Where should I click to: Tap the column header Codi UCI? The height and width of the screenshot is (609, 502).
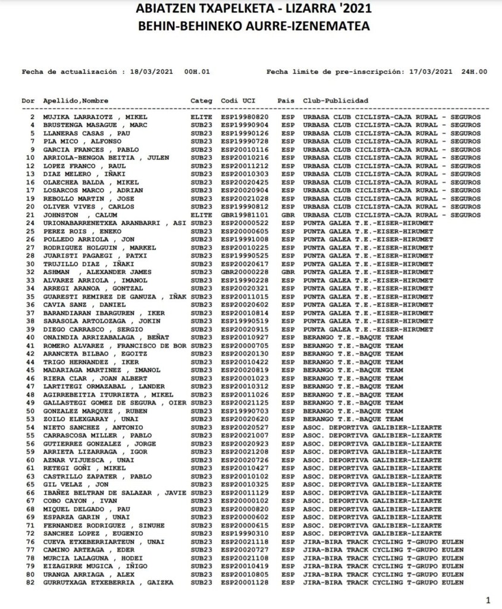coord(238,101)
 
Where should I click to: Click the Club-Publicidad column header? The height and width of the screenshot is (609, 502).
coord(335,101)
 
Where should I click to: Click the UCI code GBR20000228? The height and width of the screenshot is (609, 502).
coord(244,272)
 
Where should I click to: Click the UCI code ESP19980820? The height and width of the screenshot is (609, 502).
coord(244,117)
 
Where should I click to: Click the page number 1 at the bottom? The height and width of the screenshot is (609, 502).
coord(488,599)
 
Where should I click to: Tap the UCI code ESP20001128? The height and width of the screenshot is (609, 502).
coord(244,583)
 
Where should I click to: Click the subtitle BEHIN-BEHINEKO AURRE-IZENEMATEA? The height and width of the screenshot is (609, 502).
coord(253,27)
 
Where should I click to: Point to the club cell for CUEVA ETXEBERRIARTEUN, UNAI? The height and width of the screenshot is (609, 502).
coord(383,542)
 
